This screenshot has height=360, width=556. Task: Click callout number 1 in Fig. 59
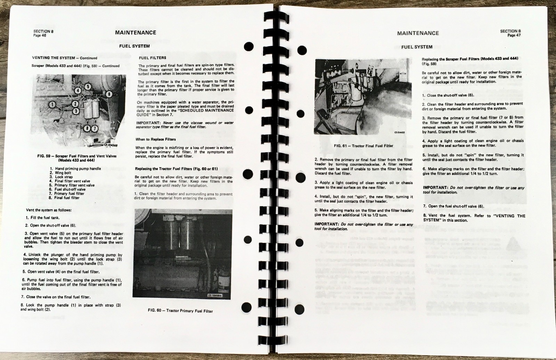click(52, 104)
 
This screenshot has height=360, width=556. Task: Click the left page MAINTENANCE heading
click(135, 33)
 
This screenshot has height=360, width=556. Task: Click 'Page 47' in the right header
click(514, 35)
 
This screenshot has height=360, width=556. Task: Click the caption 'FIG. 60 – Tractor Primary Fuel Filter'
click(180, 311)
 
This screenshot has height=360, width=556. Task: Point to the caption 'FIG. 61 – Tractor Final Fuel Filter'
click(363, 146)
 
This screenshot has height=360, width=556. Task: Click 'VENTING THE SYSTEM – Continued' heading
click(64, 58)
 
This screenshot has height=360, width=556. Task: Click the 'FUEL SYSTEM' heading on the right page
click(417, 47)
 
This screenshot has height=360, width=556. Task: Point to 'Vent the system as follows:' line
click(49, 210)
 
